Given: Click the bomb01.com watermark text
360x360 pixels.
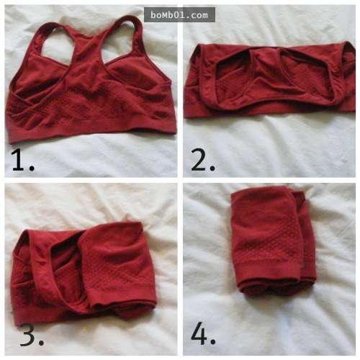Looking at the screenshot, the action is (179, 15).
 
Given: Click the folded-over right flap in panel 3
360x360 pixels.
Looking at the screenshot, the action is (117, 264).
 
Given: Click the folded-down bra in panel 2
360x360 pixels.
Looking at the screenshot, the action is (270, 81).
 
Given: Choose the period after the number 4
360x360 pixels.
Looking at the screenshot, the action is (212, 341).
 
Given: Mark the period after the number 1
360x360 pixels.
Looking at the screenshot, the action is (32, 168).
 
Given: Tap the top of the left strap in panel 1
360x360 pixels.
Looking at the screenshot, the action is (52, 24).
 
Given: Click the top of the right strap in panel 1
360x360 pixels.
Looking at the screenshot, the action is (127, 17).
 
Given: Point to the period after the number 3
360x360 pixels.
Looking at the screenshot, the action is (41, 342).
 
